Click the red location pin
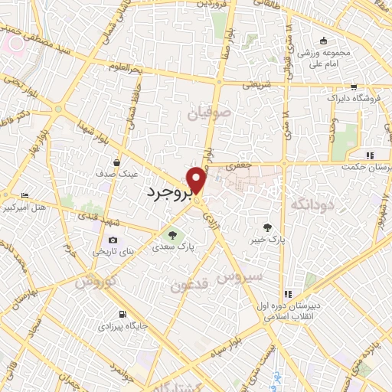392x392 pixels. pyautogui.click(x=198, y=180)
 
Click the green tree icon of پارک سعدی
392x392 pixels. pyautogui.click(x=175, y=234)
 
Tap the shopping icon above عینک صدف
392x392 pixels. pyautogui.click(x=116, y=162)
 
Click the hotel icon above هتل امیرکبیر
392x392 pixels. pyautogui.click(x=24, y=196)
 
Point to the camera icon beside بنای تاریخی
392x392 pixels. pyautogui.click(x=113, y=240)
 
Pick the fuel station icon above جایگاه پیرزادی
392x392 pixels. pyautogui.click(x=122, y=314)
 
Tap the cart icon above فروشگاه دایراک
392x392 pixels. pyautogui.click(x=353, y=87)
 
